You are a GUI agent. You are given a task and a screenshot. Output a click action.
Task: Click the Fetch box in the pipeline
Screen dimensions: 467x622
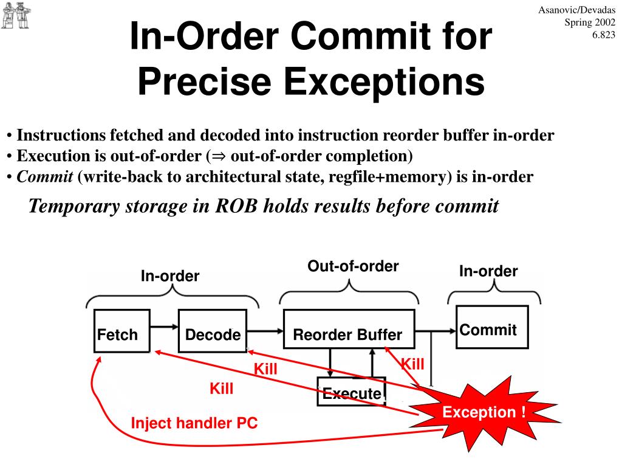coord(121,331)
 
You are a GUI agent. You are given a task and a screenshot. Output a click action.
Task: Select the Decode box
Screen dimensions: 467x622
coord(213,331)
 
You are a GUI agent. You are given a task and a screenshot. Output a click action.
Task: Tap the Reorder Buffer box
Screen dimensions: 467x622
coord(349,331)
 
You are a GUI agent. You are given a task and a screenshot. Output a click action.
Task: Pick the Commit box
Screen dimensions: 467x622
coord(491,327)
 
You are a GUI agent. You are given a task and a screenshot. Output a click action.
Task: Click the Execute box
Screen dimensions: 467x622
coord(352,392)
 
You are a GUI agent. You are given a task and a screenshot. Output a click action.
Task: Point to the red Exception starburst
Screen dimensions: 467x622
coord(484,412)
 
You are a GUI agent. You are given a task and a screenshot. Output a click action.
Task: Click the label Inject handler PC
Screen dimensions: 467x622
coord(194,423)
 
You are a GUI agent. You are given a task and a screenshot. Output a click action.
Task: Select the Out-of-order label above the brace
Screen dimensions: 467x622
coord(353,266)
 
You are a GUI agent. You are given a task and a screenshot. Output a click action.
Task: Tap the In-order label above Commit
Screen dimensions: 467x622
coord(488,271)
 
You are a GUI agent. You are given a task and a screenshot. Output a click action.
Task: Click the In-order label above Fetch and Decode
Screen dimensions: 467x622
coord(170,276)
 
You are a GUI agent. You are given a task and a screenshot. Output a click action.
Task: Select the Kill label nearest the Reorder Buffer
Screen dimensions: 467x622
coord(412,364)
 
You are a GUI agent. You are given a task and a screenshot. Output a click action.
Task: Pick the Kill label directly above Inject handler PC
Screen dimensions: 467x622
coord(222,389)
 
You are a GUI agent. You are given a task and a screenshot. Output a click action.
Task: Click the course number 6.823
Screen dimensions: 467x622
coord(604,35)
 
